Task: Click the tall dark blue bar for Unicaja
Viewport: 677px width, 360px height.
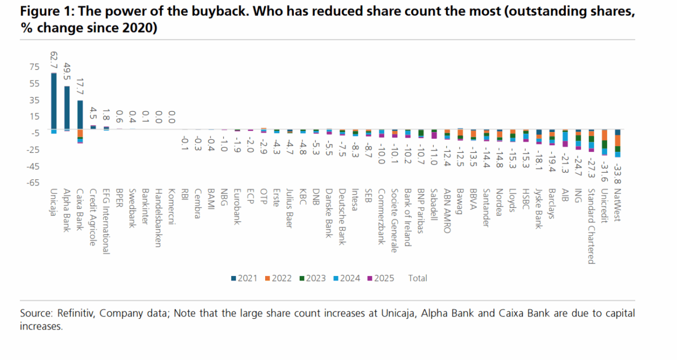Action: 54,102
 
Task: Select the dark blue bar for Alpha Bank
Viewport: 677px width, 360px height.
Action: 67,107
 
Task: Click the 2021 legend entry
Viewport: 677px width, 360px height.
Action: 244,278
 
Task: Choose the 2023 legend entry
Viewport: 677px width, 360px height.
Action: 313,278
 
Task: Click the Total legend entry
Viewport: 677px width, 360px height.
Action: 417,278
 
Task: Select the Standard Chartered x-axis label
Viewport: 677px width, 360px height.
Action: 590,226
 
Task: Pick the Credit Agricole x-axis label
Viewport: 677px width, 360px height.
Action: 93,217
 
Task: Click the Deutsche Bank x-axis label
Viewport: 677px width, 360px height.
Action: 342,217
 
